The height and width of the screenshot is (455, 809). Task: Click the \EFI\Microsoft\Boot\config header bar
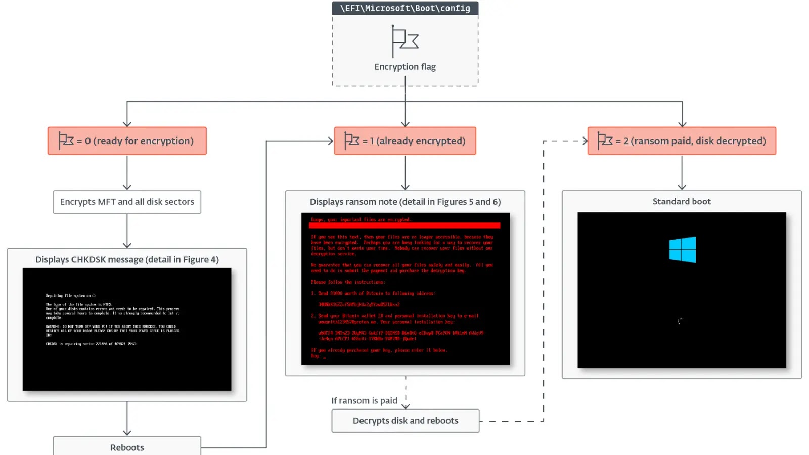coord(405,8)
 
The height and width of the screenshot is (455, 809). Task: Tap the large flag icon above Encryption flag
coord(405,40)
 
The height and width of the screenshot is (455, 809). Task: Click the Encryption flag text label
coord(405,67)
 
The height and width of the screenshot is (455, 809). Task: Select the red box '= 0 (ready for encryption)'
coord(127,141)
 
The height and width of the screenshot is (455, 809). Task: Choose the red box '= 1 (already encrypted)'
coord(405,141)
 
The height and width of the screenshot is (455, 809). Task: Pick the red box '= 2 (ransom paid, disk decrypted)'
coord(682,141)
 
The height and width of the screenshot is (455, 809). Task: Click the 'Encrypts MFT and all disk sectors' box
coord(127,202)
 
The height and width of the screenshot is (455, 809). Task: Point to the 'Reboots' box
coord(127,447)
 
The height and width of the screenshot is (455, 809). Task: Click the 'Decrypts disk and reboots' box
coord(405,421)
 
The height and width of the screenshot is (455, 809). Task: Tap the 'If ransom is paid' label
coord(364,401)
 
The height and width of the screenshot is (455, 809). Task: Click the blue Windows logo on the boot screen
coord(682,250)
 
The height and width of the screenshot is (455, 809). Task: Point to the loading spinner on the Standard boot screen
coord(680,321)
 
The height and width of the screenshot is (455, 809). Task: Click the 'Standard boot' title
coord(682,201)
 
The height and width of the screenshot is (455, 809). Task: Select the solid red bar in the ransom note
coord(405,225)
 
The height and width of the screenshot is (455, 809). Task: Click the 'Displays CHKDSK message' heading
coord(127,259)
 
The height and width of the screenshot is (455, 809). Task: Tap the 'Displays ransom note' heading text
coord(405,202)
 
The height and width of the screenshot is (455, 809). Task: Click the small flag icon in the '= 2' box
coord(605,141)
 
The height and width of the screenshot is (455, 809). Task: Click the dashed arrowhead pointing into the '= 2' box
coord(585,141)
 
